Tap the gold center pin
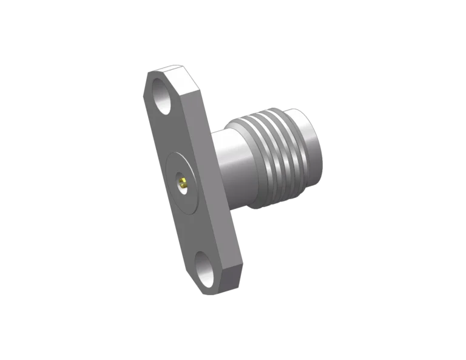tap(182, 181)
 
